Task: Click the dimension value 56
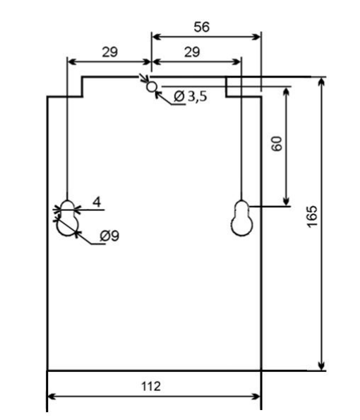pos(202,27)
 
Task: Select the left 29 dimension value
pos(110,52)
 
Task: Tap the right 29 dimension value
pos(192,52)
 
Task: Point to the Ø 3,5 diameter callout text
pos(191,97)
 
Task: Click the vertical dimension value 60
pos(277,144)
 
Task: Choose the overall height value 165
pos(312,217)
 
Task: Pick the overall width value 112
pos(151,386)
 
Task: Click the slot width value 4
pos(97,202)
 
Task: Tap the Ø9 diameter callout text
pos(109,236)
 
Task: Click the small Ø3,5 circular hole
pos(152,87)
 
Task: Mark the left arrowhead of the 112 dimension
pos(52,397)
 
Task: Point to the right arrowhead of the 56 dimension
pos(257,37)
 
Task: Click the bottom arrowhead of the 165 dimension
pos(321,366)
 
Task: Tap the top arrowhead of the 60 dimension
pos(287,92)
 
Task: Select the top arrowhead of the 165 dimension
pos(321,81)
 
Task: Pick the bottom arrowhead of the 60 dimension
pos(287,201)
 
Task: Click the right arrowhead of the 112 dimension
pos(256,397)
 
